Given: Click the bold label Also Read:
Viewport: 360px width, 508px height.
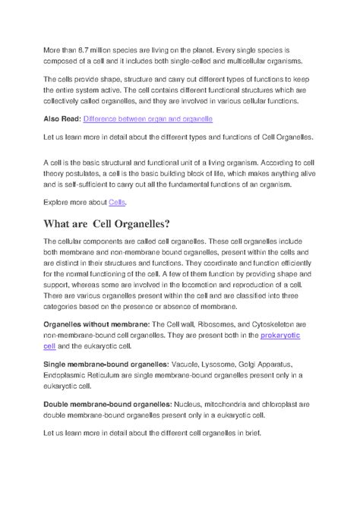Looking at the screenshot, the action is [x=62, y=119].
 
